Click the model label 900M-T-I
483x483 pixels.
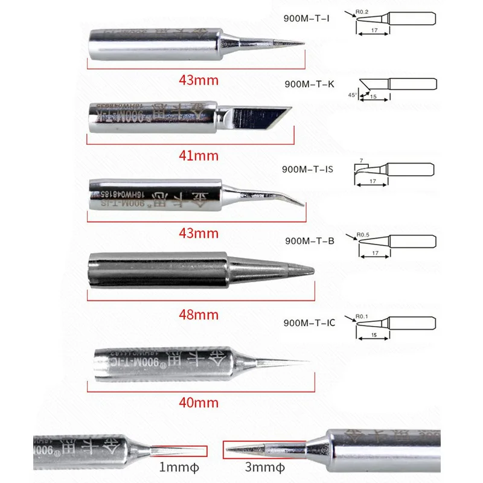[307, 18]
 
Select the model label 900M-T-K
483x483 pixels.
[309, 84]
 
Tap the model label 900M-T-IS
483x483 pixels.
[308, 170]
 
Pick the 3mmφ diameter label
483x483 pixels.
[264, 468]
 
